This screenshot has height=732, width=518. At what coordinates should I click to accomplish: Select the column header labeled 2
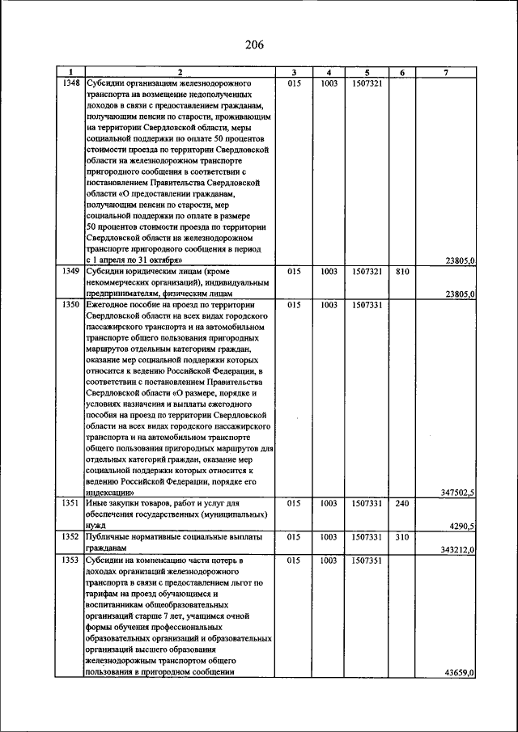click(179, 73)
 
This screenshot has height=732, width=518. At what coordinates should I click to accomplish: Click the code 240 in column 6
click(400, 503)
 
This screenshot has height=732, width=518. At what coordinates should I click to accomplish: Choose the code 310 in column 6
click(400, 536)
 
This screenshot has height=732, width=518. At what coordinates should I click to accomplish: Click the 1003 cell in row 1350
click(329, 305)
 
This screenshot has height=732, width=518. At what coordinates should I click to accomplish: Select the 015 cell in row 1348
click(294, 83)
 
